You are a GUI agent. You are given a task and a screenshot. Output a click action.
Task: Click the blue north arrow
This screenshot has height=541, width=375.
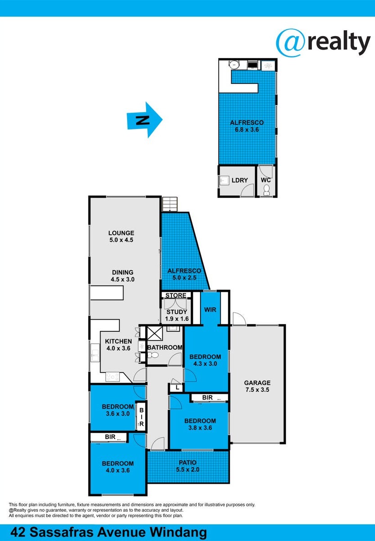tap(145, 120)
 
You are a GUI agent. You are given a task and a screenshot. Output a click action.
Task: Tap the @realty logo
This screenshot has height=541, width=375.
tap(323, 43)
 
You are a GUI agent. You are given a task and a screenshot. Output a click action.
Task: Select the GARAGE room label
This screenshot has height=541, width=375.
tap(257, 383)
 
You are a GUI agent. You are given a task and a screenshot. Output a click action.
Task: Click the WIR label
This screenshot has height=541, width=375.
tap(210, 310)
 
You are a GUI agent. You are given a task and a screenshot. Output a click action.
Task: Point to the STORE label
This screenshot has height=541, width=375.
tap(176, 295)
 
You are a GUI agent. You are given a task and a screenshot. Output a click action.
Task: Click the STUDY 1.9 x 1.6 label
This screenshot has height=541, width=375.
tap(177, 315)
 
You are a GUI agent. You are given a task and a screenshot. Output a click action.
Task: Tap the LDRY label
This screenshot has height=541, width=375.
tap(239, 180)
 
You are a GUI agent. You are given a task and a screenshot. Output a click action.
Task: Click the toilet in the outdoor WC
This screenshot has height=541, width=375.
tap(266, 190)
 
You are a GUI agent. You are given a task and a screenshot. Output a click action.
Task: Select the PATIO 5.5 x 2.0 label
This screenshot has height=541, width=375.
tap(187, 466)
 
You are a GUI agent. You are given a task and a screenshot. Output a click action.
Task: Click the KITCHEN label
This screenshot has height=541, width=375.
tap(119, 341)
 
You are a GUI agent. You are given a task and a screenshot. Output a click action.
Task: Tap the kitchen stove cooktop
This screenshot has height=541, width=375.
tap(113, 377)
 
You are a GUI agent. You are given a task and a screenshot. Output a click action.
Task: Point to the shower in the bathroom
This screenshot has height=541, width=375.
tap(155, 334)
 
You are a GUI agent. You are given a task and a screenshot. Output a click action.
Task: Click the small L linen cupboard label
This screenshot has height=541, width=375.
tap(178, 388)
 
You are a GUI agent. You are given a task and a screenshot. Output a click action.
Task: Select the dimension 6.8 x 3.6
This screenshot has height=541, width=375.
tap(247, 129)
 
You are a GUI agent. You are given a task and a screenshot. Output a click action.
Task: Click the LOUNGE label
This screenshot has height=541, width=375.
tap(121, 233)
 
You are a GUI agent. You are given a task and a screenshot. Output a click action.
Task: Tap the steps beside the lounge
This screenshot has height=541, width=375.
tap(170, 204)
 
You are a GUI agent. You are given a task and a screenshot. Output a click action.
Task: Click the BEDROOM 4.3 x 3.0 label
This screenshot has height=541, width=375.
tap(205, 360)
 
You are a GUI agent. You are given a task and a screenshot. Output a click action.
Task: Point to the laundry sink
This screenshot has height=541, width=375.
tap(224, 180)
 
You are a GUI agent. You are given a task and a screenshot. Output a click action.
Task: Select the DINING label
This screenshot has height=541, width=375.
tap(123, 272)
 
